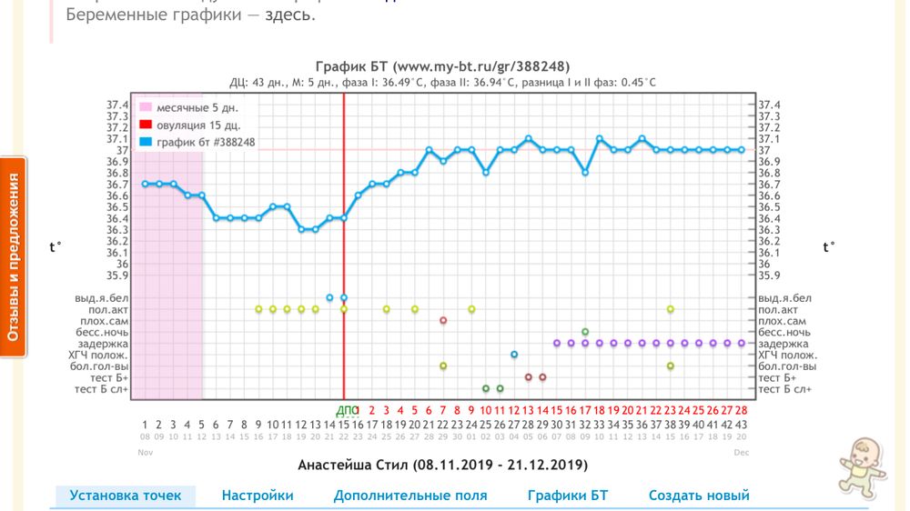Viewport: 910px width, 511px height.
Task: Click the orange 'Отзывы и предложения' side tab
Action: (x=14, y=257)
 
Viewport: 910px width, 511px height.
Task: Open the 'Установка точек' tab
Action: (x=126, y=496)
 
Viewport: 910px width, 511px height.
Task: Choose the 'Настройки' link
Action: (x=258, y=496)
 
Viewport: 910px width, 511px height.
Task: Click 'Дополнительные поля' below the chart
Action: (x=409, y=496)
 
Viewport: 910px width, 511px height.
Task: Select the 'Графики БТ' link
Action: (x=567, y=496)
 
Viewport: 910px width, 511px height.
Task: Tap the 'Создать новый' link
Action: (x=698, y=496)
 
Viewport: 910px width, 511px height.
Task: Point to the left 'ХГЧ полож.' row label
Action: (x=101, y=356)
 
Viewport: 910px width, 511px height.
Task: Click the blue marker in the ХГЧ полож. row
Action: (x=514, y=355)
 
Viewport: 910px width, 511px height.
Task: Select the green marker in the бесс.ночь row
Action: (x=585, y=332)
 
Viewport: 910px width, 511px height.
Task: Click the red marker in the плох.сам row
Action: (x=443, y=320)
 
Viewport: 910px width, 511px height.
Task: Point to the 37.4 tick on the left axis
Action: (x=117, y=105)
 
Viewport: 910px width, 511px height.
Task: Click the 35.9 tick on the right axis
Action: (x=770, y=276)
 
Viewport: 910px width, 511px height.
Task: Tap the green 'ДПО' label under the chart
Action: (x=348, y=410)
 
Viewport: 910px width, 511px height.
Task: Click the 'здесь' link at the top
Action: (x=290, y=15)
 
